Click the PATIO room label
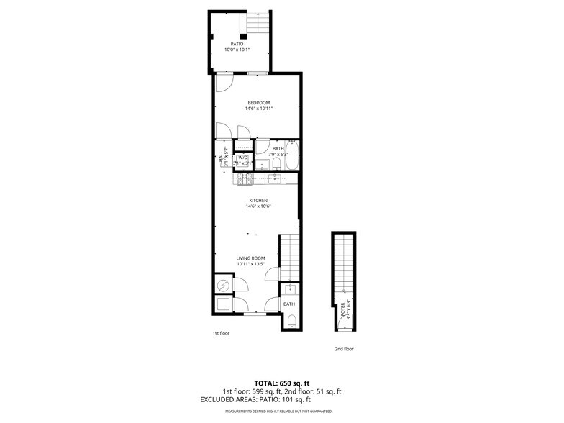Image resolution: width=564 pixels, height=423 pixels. tap(237, 44)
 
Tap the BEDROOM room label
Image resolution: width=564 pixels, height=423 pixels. tap(258, 103)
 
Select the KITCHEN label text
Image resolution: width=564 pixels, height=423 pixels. tap(258, 200)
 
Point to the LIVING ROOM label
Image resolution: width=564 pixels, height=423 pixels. tap(251, 258)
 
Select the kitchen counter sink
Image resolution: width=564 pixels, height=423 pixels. tap(276, 178)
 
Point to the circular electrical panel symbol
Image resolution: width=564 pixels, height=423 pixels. tap(224, 286)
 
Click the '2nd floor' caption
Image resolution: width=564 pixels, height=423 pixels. tap(344, 349)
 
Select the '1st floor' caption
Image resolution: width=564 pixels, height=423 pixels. tap(221, 333)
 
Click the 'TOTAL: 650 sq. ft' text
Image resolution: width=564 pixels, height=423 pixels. tap(281, 383)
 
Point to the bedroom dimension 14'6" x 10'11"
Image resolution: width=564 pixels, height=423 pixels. tap(258, 109)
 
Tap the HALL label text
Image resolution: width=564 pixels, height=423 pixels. tap(220, 157)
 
